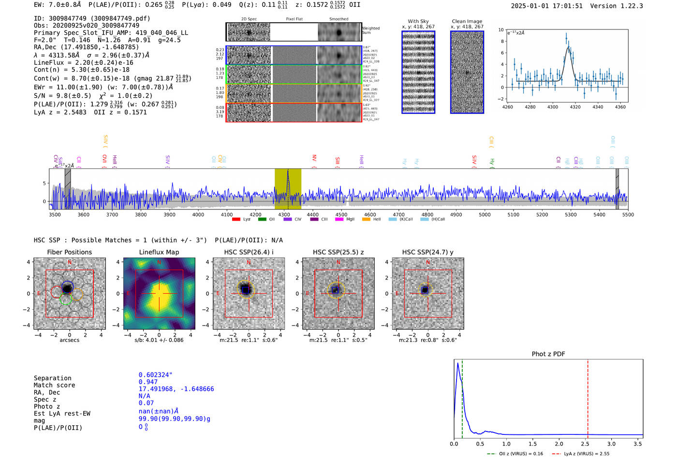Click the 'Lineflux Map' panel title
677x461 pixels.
point(159,252)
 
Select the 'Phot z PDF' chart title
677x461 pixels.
point(548,354)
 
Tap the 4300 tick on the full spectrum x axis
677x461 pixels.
point(284,215)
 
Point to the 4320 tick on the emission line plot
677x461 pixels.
point(575,107)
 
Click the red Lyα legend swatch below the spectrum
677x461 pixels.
point(236,219)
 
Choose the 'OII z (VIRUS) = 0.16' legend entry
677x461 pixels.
point(515,454)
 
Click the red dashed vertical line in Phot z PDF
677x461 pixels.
point(588,397)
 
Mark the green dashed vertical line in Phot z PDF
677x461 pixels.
point(462,397)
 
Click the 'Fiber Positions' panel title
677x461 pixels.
point(69,252)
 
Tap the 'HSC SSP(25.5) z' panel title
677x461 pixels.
point(338,252)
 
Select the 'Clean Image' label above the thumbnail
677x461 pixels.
point(467,21)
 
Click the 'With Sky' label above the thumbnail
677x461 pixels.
point(418,21)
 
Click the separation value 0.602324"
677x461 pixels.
point(155,375)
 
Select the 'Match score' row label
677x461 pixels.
point(54,385)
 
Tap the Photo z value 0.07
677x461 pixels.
point(146,403)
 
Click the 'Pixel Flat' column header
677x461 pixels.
point(294,19)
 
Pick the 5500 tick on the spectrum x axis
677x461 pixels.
point(628,215)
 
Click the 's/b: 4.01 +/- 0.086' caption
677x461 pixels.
point(159,340)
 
